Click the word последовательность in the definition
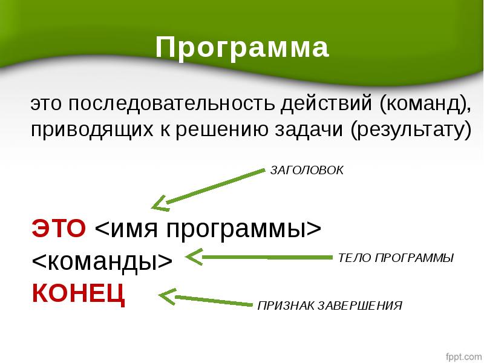coord(171,103)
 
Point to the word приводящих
coord(92,130)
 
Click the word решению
coord(222,130)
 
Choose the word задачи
coord(309,130)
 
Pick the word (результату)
coord(411,130)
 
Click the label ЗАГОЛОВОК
coord(307,171)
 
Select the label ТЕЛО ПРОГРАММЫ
coord(396,258)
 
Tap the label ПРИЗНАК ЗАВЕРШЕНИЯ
coord(330,306)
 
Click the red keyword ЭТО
coord(59,228)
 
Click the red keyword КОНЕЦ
coord(79,293)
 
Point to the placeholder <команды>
coord(102,261)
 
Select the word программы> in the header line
coord(244,229)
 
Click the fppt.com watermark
coord(463,356)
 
